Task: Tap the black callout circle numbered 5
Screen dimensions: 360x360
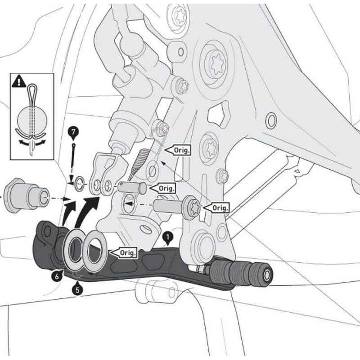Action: pos(78,289)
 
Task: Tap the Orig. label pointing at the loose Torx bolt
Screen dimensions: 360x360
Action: pos(216,207)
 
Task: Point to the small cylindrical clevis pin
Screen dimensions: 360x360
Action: pos(133,187)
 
